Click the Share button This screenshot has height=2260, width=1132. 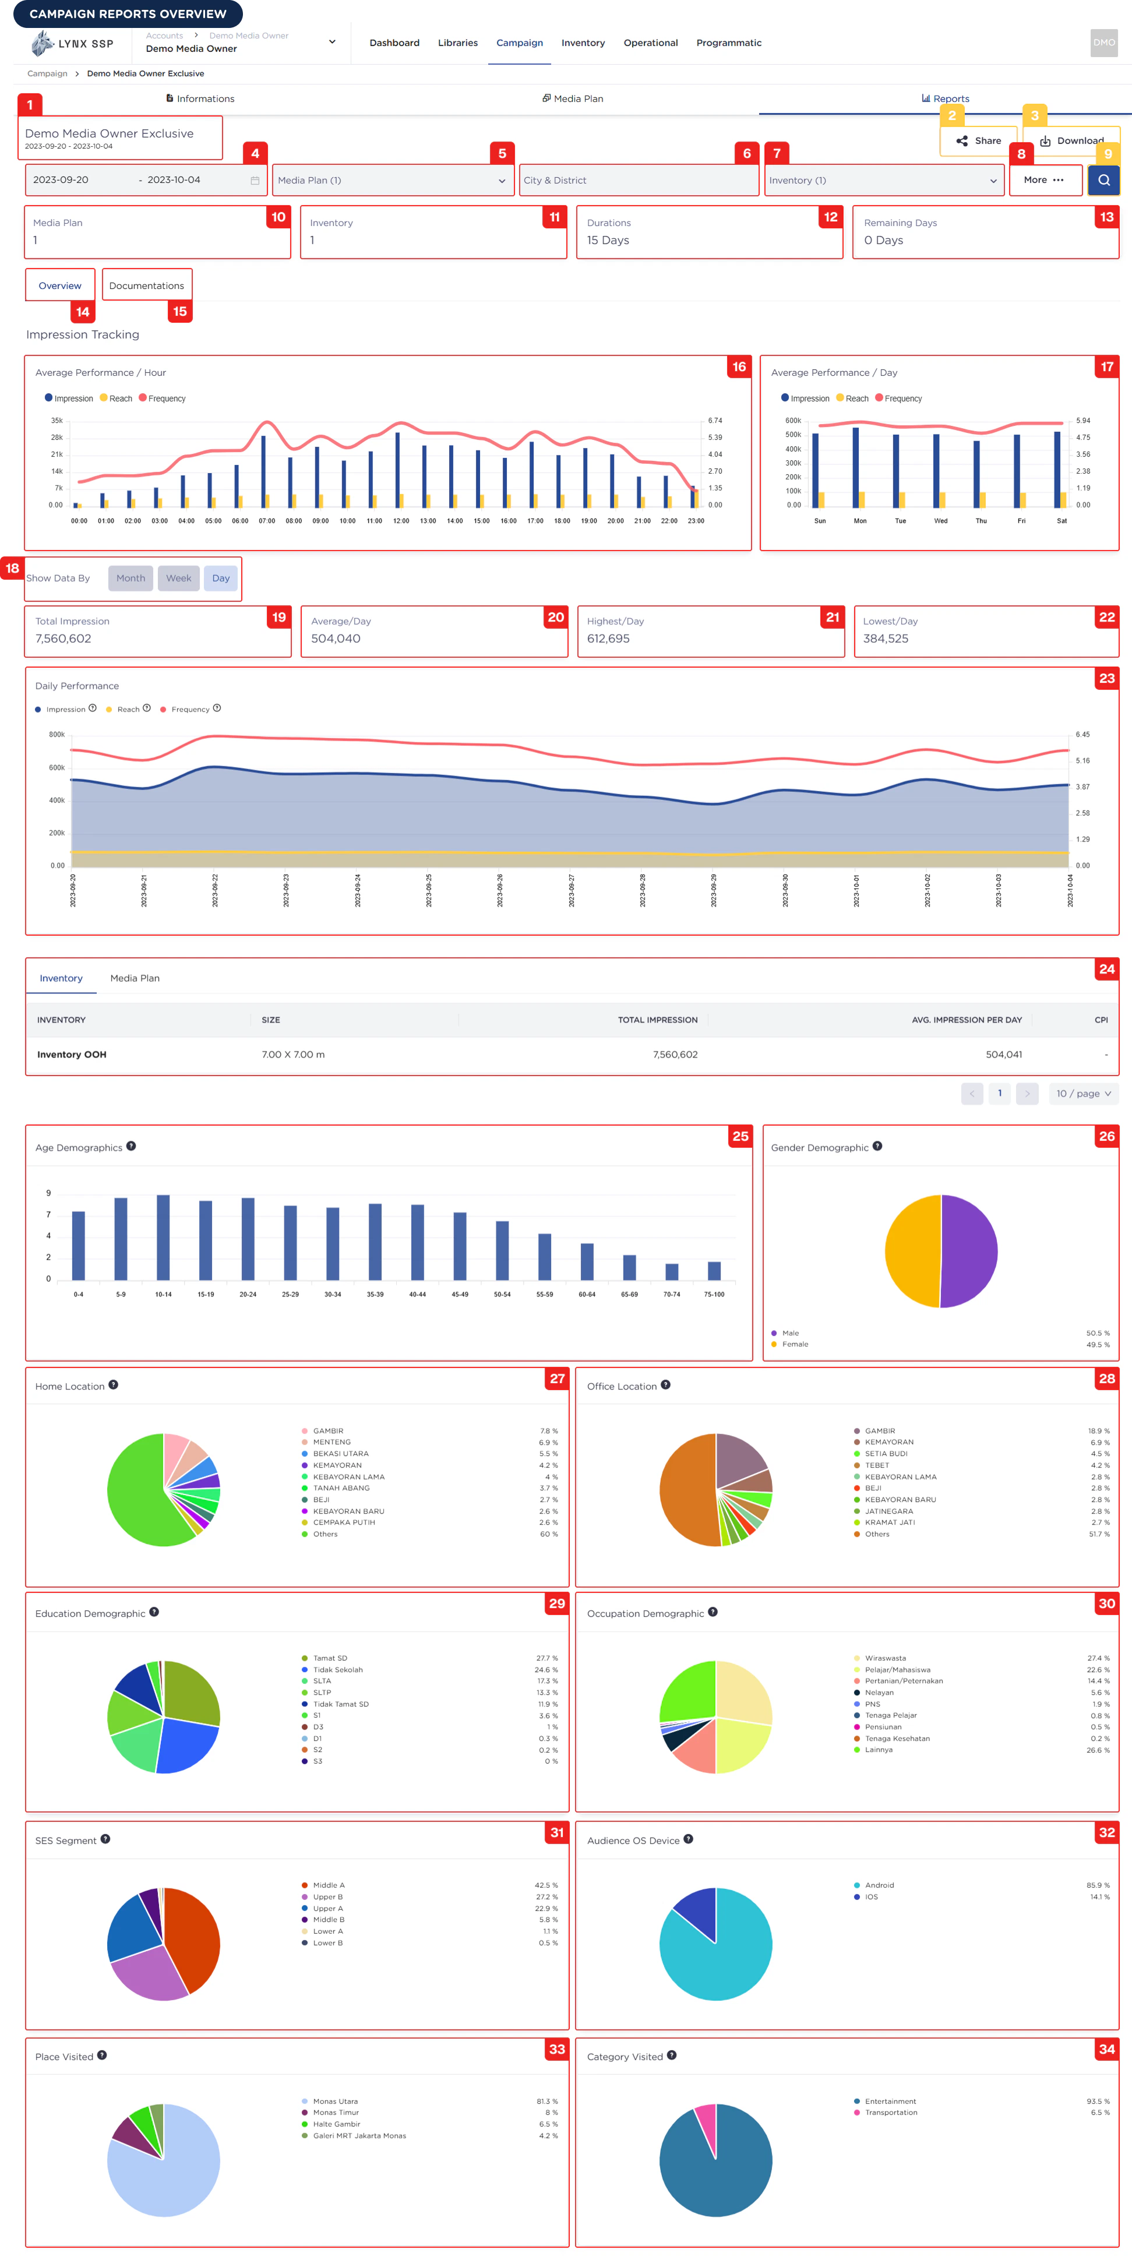coord(978,140)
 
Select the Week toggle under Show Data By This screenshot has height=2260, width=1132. coord(178,578)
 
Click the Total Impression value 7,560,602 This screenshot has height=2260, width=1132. coord(63,639)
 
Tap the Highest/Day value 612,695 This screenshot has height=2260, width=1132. coord(608,639)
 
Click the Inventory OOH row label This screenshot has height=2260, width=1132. coord(72,1055)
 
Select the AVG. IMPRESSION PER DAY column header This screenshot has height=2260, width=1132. coord(966,1020)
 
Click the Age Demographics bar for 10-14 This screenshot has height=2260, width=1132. coord(163,1237)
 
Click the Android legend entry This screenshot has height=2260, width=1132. coord(879,1885)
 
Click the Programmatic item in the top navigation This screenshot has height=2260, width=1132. coord(728,43)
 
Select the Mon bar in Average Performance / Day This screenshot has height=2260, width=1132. coord(856,467)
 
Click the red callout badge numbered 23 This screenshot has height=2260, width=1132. coord(1106,678)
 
